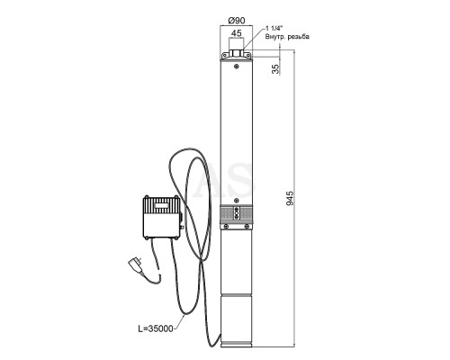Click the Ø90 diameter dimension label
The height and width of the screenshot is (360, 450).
[x=237, y=21]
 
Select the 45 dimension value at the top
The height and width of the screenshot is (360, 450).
[x=237, y=33]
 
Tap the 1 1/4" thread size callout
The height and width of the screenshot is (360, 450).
[x=274, y=29]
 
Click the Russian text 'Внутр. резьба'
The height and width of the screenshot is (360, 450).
[x=287, y=37]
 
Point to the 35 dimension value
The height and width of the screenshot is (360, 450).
[x=275, y=69]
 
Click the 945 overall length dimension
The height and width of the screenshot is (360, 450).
[x=290, y=198]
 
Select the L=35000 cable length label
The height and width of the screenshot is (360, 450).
[x=156, y=328]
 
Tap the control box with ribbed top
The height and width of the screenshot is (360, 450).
[x=162, y=217]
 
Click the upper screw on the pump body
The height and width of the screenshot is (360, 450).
[x=237, y=67]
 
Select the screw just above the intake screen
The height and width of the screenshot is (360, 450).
[x=237, y=200]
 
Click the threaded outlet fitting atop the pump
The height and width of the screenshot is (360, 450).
[x=237, y=53]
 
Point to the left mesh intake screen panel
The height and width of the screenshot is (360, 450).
[x=227, y=213]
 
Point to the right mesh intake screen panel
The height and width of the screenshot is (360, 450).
[x=247, y=213]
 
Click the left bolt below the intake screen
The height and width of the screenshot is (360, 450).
[x=227, y=226]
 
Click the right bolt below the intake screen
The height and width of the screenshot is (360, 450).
[x=247, y=226]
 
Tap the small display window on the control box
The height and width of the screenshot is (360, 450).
[x=162, y=206]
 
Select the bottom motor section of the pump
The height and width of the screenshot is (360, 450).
[x=237, y=321]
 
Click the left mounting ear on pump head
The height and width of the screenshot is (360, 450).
[x=225, y=56]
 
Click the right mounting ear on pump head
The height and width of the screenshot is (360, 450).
[x=247, y=56]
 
